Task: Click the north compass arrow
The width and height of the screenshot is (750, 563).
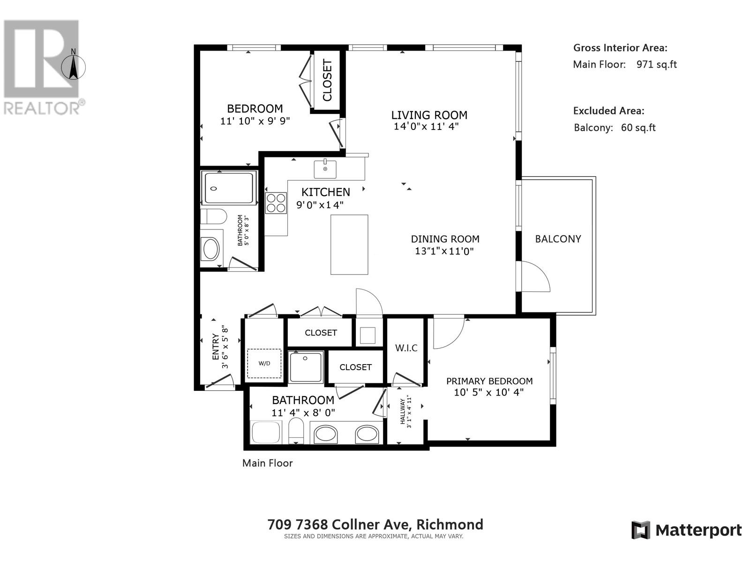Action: (73, 67)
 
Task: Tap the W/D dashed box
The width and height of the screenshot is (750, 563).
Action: (264, 364)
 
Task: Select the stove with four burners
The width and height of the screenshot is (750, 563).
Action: (276, 203)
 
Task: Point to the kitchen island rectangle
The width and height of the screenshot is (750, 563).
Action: (349, 244)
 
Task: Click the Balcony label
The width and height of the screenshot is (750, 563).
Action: (558, 239)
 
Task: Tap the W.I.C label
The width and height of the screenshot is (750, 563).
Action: (406, 348)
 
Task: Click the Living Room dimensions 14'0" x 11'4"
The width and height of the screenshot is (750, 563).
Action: (426, 126)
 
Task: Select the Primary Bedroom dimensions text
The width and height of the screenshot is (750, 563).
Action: (488, 392)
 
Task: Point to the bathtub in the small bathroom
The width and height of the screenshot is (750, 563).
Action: (229, 188)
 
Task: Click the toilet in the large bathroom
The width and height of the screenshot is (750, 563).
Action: (296, 431)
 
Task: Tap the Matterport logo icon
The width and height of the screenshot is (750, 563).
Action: (641, 530)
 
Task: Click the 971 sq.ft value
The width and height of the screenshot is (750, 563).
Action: (656, 65)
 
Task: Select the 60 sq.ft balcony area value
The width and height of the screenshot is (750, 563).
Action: (638, 128)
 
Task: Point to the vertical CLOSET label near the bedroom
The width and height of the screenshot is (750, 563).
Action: (327, 80)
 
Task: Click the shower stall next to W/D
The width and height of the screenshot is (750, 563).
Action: (306, 367)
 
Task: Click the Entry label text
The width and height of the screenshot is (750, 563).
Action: (215, 347)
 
